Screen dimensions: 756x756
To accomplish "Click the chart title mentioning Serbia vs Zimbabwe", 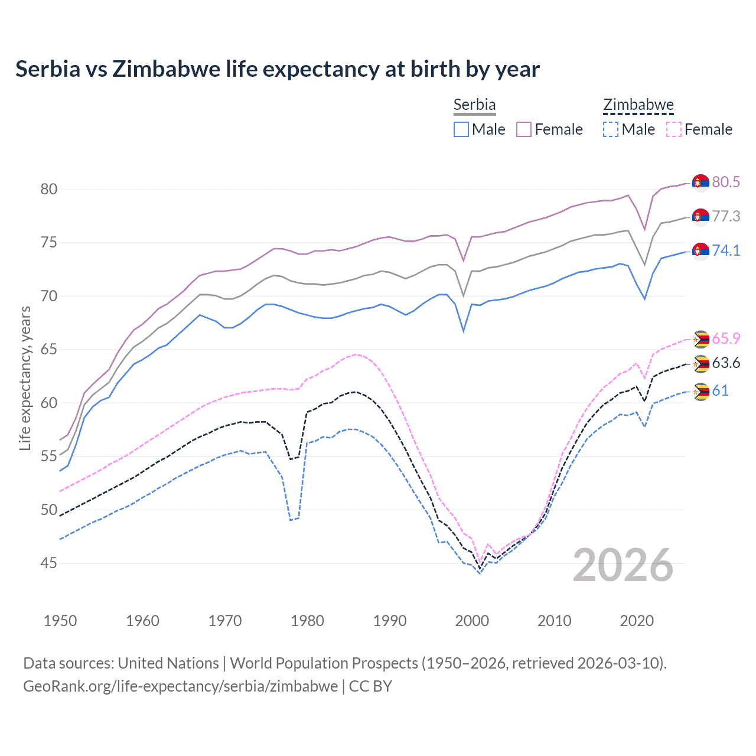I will pos(278,69).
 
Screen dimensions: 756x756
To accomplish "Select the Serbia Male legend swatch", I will pos(461,129).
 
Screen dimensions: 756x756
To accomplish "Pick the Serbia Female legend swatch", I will pos(524,129).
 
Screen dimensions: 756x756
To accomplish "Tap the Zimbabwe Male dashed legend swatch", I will pos(611,129).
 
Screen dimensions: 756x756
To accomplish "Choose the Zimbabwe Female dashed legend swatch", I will pos(674,129).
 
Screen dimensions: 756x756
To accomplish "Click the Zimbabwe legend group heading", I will pos(638,105).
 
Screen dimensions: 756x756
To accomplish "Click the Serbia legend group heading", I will pos(474,105).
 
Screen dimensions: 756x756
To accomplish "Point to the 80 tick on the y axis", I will pos(49,189).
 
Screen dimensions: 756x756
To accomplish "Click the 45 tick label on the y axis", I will pos(49,563).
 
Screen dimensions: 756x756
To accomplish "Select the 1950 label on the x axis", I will pos(60,621).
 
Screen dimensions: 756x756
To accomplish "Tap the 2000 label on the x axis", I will pos(472,621).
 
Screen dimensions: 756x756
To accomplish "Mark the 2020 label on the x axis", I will pos(637,621).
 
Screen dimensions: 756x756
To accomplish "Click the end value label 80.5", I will pos(726,182).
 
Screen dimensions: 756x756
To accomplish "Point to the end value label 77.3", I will pos(726,216).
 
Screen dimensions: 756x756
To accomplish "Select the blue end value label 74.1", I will pos(726,250).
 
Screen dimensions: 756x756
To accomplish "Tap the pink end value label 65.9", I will pos(726,338).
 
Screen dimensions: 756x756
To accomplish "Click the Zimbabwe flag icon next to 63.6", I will pos(700,364).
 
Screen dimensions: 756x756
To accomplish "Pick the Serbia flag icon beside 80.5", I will pos(700,183).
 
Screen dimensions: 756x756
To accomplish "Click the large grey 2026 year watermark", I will pos(623,565).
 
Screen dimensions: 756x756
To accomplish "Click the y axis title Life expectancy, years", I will pos(25,378).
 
